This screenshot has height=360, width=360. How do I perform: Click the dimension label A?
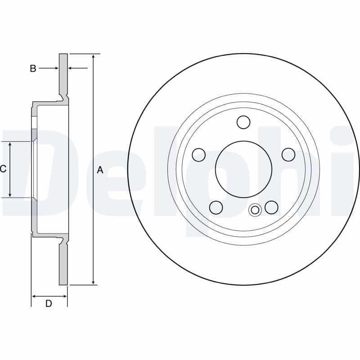click(100, 170)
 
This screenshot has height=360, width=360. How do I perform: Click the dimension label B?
click(33, 68)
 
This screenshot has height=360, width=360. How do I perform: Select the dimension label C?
click(3, 169)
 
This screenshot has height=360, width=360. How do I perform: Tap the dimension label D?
click(49, 304)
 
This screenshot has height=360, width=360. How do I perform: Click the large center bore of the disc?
click(243, 169)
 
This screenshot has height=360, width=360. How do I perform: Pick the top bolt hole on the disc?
click(243, 122)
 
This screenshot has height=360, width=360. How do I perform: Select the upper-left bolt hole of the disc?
click(198, 155)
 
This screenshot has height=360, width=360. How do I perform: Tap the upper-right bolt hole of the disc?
click(288, 155)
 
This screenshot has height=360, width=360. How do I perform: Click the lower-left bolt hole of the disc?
click(216, 207)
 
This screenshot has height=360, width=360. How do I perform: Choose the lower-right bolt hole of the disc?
click(271, 207)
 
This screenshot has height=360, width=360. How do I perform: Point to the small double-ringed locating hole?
click(255, 210)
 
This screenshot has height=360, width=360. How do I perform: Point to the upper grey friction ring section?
click(63, 74)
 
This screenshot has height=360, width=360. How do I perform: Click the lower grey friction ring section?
click(63, 265)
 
